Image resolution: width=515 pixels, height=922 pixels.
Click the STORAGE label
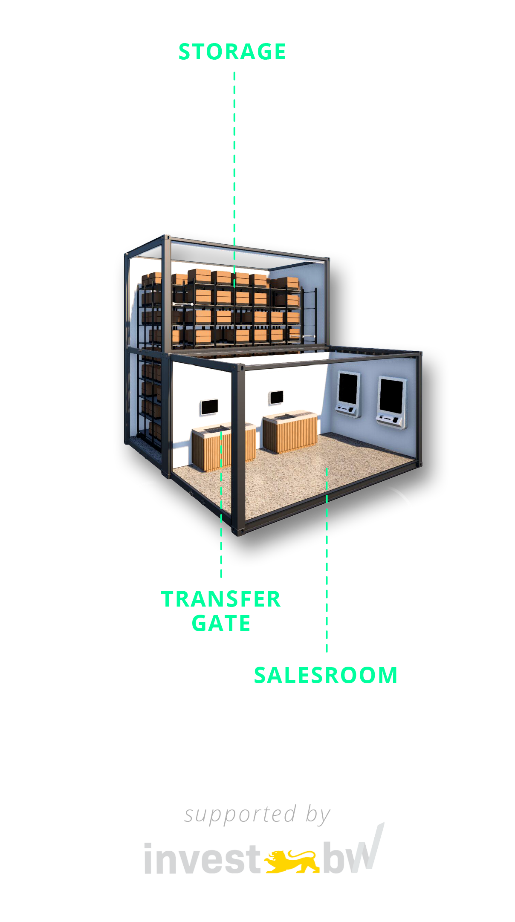pos(232,52)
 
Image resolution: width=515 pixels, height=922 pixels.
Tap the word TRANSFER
pos(221,599)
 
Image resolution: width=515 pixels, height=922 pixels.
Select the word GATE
pos(221,623)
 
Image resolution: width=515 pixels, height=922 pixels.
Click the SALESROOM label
pos(326,675)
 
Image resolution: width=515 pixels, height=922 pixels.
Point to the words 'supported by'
pos(257,815)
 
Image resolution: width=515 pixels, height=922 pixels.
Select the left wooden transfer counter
pos(223,447)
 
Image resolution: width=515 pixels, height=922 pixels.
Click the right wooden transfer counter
pos(290,431)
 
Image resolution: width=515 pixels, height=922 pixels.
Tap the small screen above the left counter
pos(209,407)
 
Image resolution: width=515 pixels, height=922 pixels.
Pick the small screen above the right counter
pos(276,398)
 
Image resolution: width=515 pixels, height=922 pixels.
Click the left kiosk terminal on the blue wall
pos(348,394)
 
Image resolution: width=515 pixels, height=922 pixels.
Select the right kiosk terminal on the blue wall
pos(391,402)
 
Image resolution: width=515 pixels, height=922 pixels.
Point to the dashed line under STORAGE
pos(234,179)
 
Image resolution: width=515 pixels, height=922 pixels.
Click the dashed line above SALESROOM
pos(327,560)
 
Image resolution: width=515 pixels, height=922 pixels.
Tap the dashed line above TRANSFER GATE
pos(221,504)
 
